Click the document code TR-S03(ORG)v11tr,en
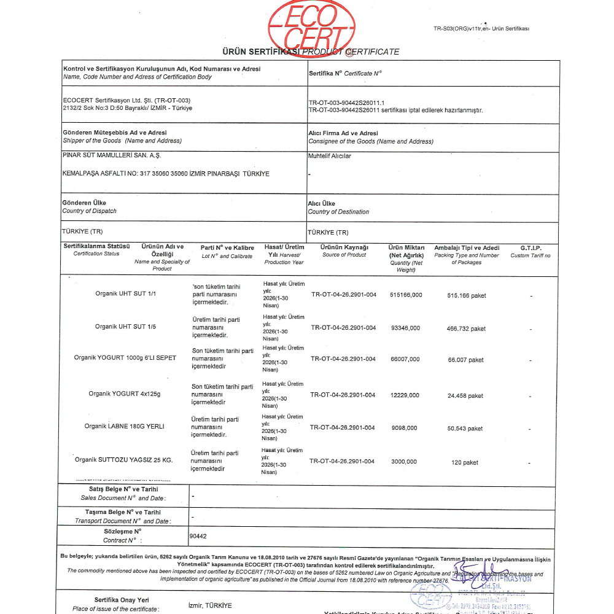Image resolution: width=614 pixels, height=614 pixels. (481, 28)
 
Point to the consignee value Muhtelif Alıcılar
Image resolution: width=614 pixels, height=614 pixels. (329, 156)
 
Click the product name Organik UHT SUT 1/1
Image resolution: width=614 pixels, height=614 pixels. (126, 293)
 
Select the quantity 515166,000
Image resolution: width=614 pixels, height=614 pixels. (406, 295)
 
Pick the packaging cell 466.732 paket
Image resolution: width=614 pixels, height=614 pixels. (466, 328)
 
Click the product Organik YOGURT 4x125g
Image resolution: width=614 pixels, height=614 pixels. (124, 394)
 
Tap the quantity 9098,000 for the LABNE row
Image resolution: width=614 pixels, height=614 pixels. (404, 427)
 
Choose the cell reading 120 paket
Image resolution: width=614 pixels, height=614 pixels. (465, 462)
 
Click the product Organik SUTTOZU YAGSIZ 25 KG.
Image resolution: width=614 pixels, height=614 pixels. (123, 460)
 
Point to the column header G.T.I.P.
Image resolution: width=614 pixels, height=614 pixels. (530, 248)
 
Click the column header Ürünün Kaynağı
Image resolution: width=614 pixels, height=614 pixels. (344, 247)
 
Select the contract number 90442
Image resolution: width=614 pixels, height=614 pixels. (198, 536)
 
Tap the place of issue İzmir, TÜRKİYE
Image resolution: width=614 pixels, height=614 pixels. (210, 605)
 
